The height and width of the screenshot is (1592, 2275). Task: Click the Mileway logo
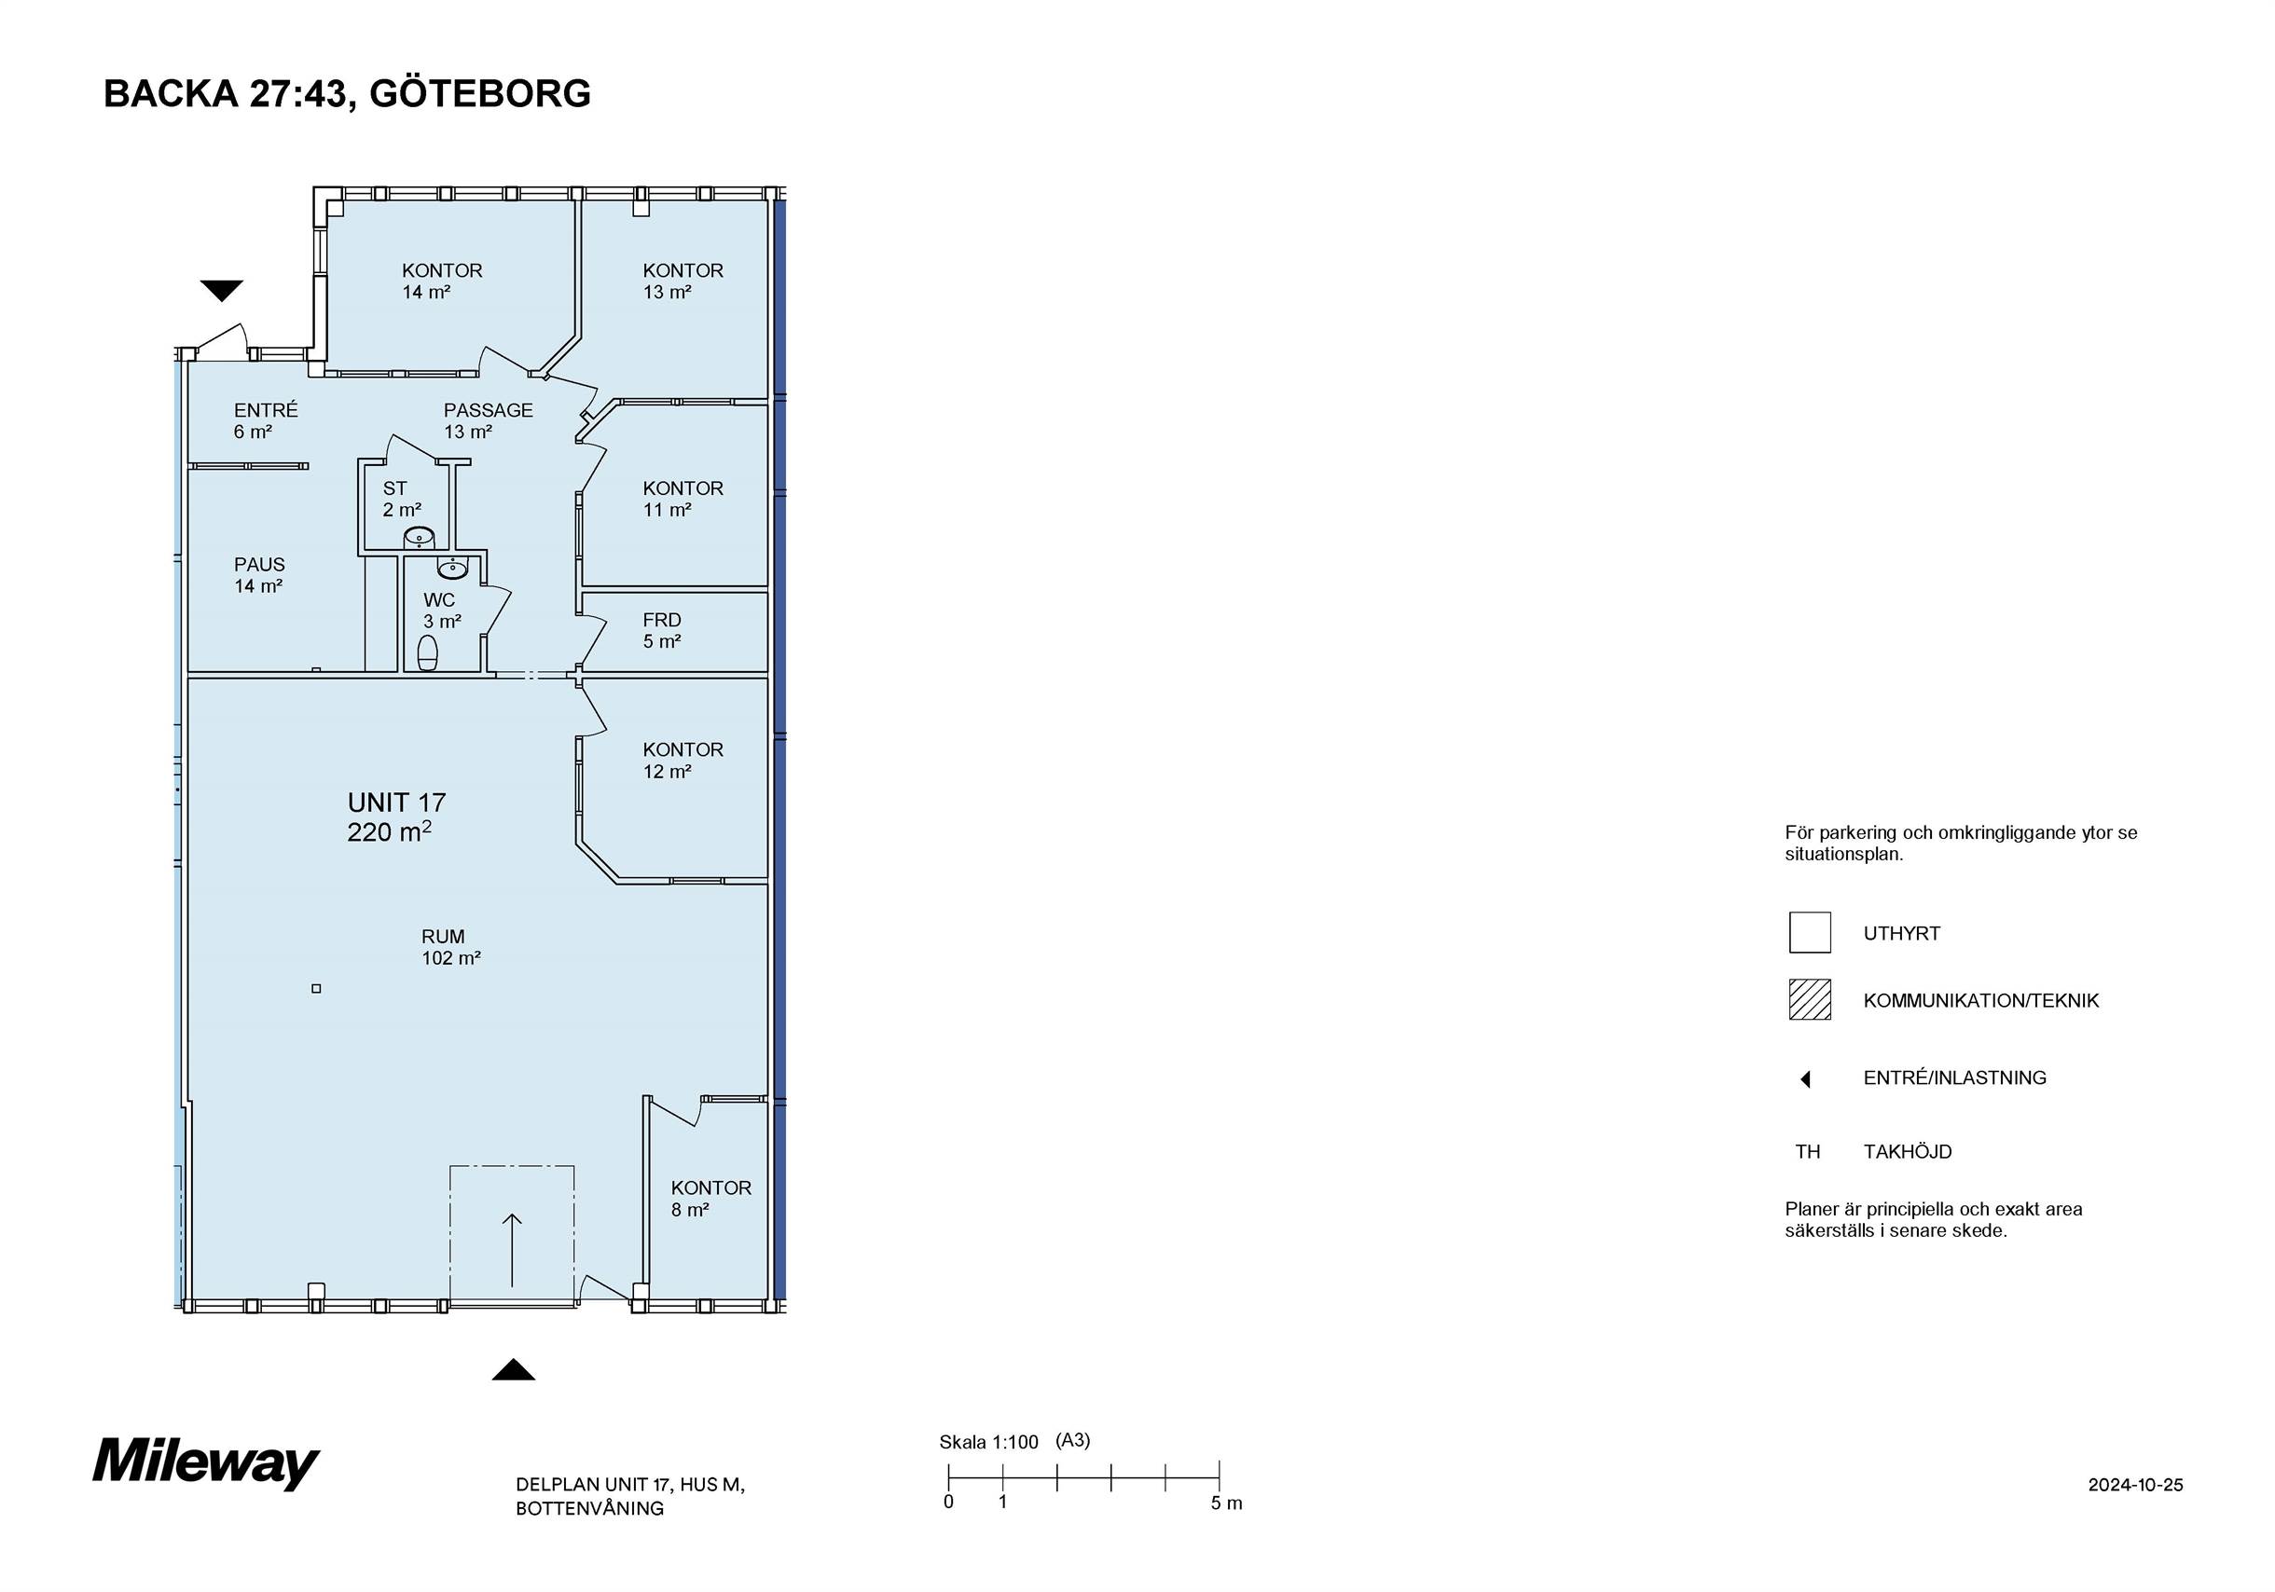point(206,1464)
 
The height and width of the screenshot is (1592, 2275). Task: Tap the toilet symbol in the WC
point(428,652)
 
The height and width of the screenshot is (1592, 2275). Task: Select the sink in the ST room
point(420,538)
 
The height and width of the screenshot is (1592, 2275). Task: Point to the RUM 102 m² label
point(451,947)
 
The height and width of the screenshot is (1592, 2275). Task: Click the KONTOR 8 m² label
point(710,1199)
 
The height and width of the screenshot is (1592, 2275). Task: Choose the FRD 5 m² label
point(662,631)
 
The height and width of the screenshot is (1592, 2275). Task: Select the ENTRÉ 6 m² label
point(266,421)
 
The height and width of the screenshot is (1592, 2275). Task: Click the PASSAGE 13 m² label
point(488,421)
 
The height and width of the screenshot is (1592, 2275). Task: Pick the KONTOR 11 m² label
point(682,500)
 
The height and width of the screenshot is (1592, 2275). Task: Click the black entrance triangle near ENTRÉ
point(222,290)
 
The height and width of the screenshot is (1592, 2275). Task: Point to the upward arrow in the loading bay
point(512,1249)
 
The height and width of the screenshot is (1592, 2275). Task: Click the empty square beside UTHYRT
point(1810,932)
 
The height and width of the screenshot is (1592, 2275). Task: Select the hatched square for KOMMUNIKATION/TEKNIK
point(1810,999)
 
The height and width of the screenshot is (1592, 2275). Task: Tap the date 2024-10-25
point(2135,1485)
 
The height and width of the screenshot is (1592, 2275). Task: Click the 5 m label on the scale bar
point(1226,1503)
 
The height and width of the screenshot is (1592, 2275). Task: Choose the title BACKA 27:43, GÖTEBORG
point(347,94)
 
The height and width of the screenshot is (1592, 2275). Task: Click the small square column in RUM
point(316,988)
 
